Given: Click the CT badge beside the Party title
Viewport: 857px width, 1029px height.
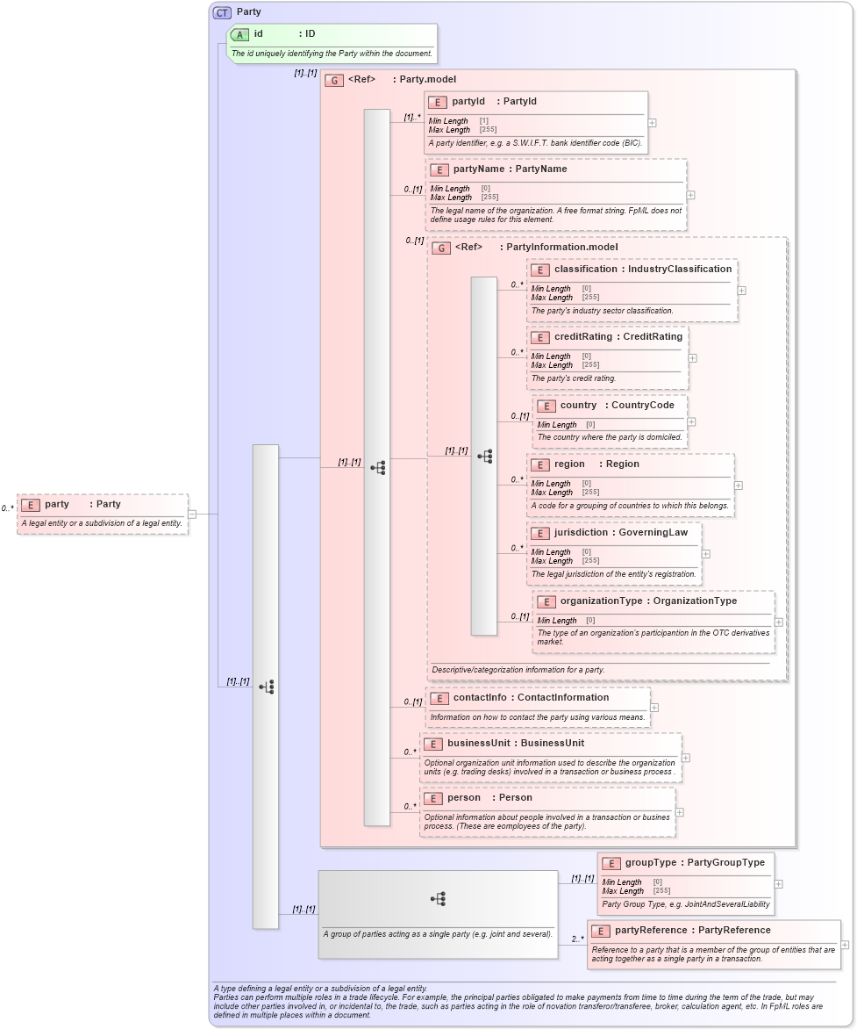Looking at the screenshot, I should tap(222, 12).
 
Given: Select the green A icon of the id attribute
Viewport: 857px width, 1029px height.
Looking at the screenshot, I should tap(239, 34).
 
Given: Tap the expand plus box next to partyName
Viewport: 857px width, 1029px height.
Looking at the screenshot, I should tap(691, 196).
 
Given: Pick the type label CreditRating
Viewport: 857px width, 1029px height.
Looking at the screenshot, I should tap(653, 336).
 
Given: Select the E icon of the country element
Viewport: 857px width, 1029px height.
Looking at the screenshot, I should tap(546, 406).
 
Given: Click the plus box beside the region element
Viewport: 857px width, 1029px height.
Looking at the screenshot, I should tap(738, 485).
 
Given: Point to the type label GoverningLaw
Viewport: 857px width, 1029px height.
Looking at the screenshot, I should tap(653, 532).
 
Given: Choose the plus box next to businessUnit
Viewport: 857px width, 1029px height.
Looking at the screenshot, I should tap(686, 758).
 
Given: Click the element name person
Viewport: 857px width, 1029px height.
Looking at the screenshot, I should tap(464, 798).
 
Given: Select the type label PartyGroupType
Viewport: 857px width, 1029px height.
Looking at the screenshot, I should tap(725, 862).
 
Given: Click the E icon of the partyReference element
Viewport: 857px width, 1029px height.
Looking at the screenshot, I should tap(601, 931).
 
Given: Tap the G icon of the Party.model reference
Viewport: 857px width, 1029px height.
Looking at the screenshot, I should tap(333, 80).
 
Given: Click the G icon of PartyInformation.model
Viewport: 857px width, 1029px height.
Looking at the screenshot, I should tap(441, 248).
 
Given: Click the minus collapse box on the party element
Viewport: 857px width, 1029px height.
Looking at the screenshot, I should tap(192, 514).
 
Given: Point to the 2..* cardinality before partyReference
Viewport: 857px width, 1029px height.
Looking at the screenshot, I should tap(577, 939).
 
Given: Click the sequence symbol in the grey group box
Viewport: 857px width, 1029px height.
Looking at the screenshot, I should tap(438, 898).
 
